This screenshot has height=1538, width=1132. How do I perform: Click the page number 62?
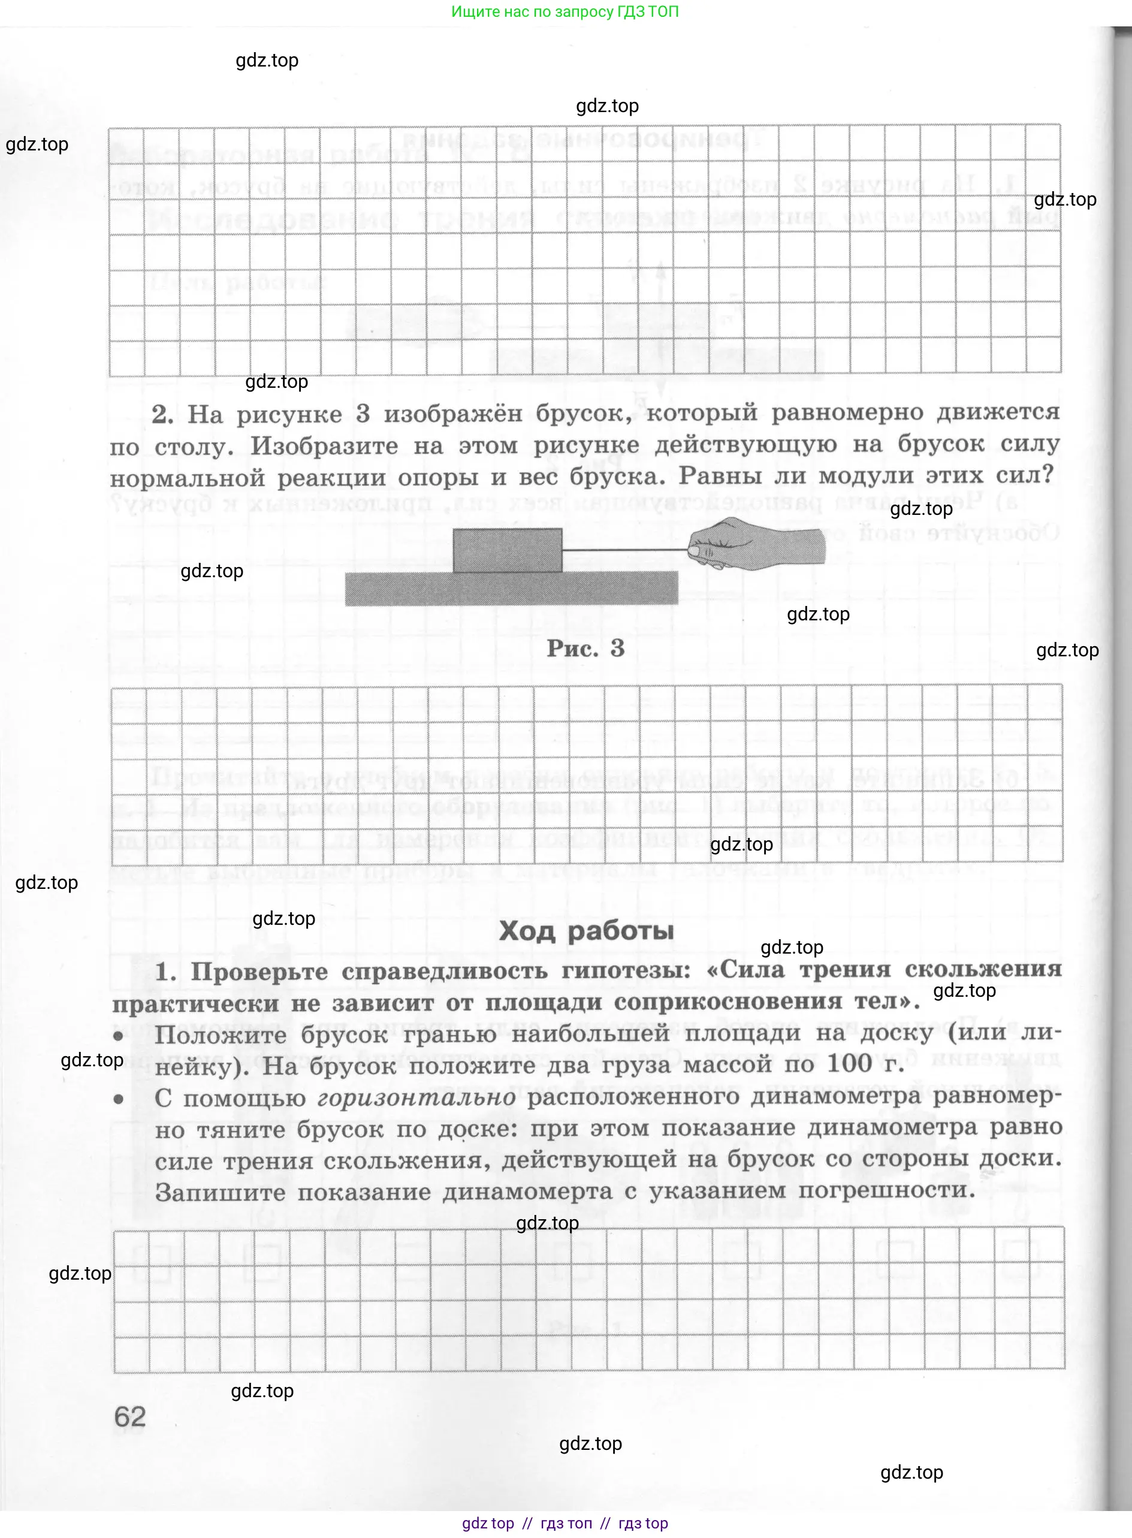click(129, 1417)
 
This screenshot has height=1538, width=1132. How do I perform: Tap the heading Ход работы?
click(586, 931)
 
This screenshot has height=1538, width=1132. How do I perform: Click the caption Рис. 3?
click(585, 649)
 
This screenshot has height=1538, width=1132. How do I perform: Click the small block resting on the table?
click(507, 550)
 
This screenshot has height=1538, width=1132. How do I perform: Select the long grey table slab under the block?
click(511, 589)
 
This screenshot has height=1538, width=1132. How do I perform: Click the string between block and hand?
click(624, 550)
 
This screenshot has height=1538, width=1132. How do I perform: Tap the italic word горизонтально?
click(416, 1097)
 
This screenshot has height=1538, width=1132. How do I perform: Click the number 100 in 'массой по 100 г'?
click(849, 1064)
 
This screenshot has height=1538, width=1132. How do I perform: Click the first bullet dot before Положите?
click(118, 1036)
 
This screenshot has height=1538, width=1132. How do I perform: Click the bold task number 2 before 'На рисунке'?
click(162, 414)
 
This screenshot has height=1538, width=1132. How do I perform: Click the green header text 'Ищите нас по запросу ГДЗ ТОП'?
click(565, 11)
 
